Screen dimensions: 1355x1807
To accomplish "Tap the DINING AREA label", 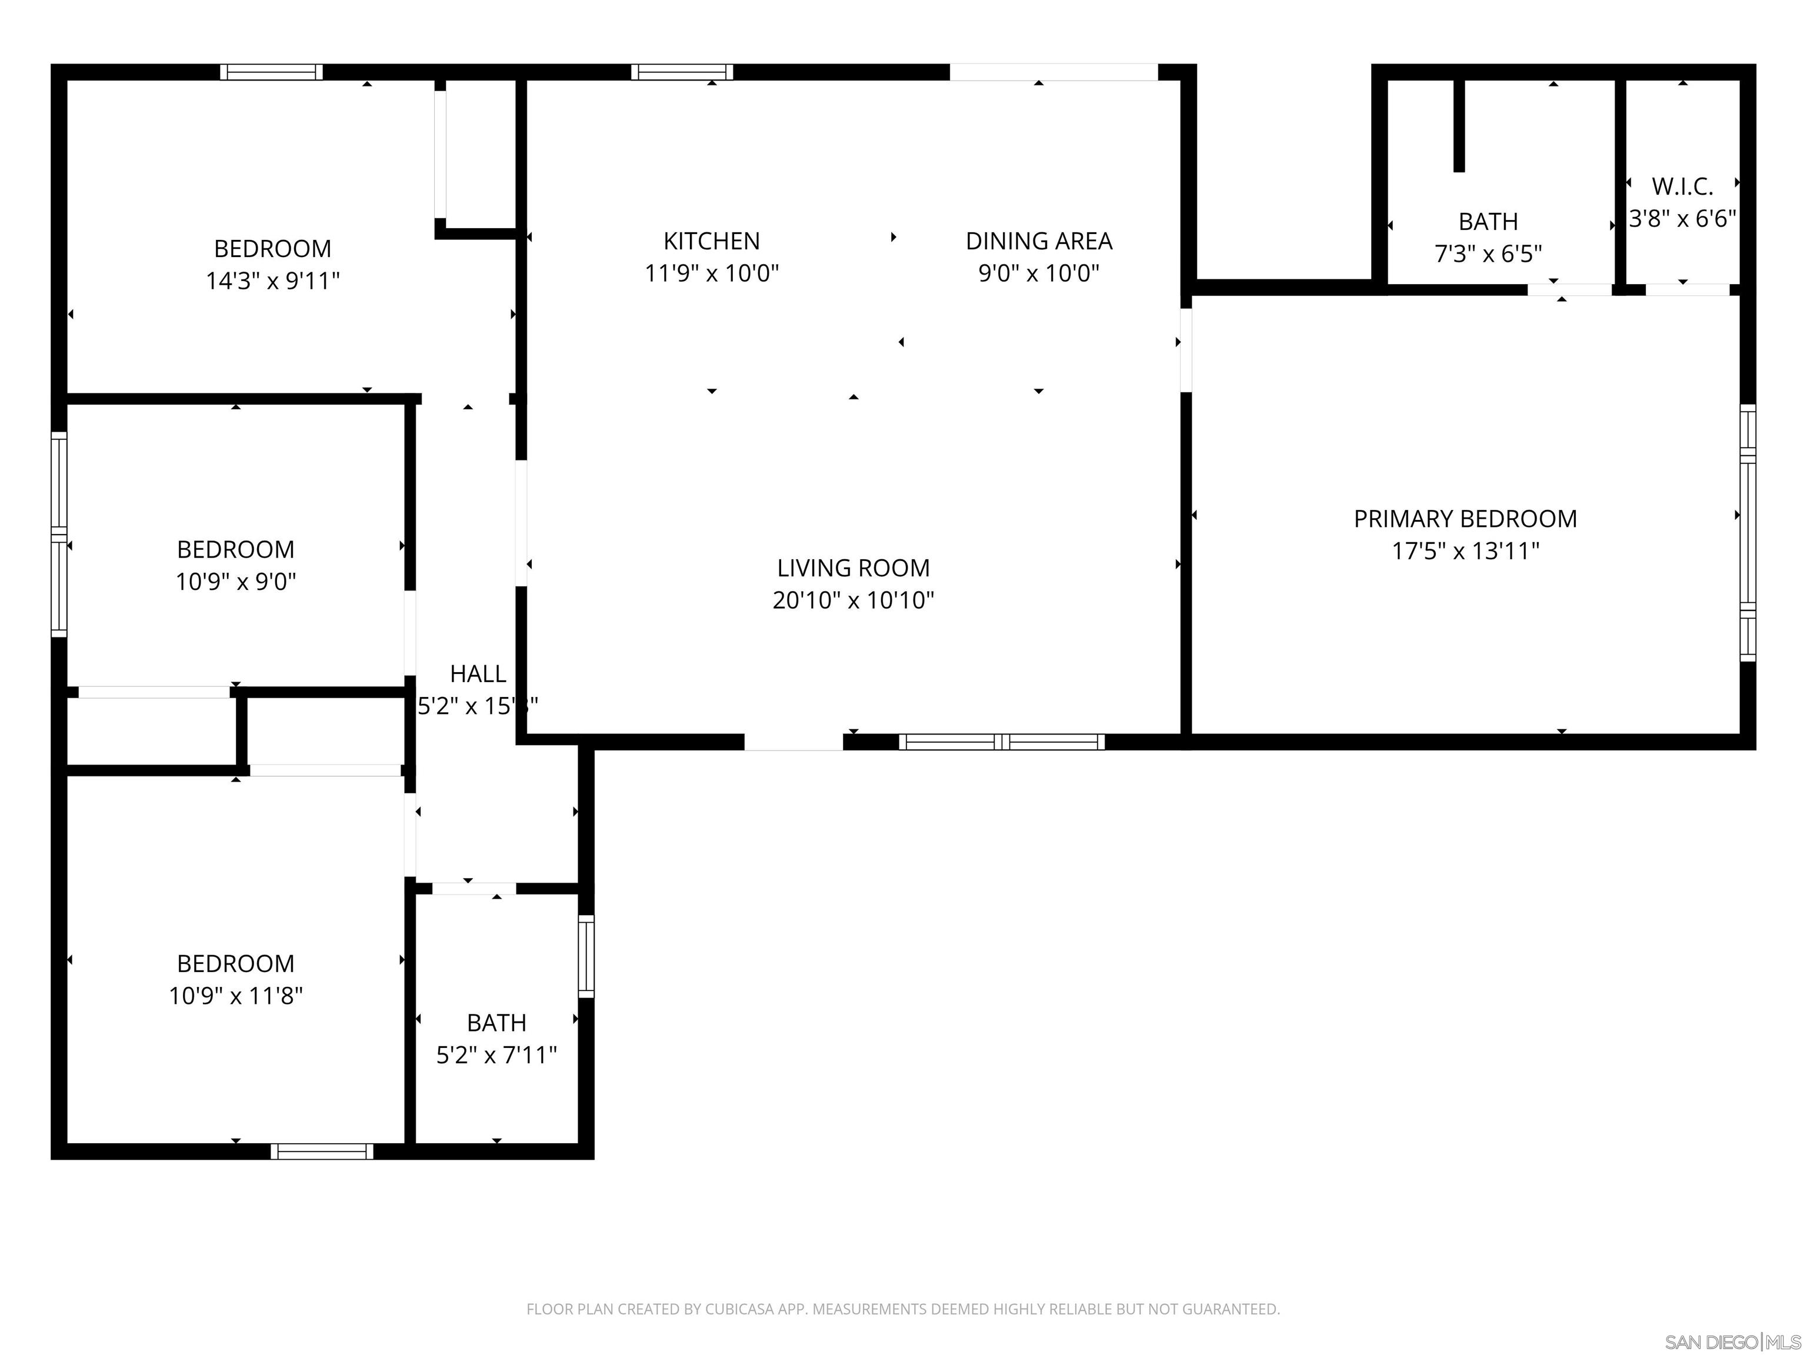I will (x=1038, y=241).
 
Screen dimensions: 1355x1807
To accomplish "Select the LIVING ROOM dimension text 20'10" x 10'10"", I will (x=853, y=600).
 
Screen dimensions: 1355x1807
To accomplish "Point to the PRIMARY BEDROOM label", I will (x=1465, y=519).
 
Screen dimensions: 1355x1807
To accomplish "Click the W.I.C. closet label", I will (x=1682, y=187).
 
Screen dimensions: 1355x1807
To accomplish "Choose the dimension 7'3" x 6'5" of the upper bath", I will (x=1488, y=254).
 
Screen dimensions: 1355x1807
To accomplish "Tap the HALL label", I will (x=478, y=674).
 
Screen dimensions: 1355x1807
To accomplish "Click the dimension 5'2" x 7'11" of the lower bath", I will (x=496, y=1055).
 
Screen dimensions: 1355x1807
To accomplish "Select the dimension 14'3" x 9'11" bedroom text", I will (x=272, y=281).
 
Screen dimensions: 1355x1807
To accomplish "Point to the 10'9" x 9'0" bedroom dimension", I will (x=235, y=582).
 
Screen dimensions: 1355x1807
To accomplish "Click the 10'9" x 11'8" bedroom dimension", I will (x=235, y=996).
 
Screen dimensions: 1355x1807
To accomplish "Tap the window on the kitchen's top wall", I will (x=681, y=72).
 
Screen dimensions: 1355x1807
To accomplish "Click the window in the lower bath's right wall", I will (x=586, y=956).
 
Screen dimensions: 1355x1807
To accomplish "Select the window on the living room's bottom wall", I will (x=1002, y=742).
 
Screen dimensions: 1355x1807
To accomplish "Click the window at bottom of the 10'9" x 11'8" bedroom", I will (x=322, y=1152).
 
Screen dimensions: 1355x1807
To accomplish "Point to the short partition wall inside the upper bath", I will (x=1459, y=126).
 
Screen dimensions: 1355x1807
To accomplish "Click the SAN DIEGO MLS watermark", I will (x=1732, y=1342).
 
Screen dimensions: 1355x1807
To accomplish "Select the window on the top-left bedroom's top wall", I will (x=271, y=72).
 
